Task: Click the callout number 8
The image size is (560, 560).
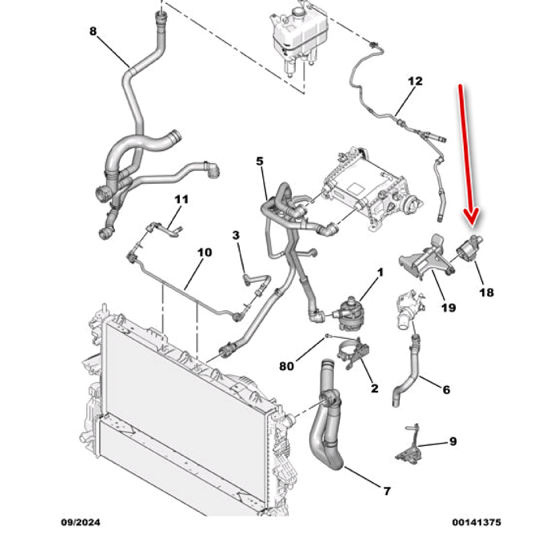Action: (93, 31)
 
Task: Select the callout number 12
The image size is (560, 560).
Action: (415, 81)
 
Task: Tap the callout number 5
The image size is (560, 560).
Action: (259, 161)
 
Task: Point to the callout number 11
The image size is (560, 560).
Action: (181, 199)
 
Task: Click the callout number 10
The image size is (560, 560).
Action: (205, 252)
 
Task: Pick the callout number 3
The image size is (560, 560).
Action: (236, 236)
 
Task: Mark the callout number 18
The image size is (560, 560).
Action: (487, 292)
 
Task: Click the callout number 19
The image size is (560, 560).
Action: (449, 307)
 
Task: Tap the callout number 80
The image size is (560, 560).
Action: (287, 367)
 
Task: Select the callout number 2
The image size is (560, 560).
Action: (374, 388)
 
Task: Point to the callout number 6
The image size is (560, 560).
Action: (446, 389)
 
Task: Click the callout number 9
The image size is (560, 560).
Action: (452, 442)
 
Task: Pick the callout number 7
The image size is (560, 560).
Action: (387, 491)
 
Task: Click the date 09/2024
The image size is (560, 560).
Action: (80, 522)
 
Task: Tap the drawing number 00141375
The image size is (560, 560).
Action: (477, 522)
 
